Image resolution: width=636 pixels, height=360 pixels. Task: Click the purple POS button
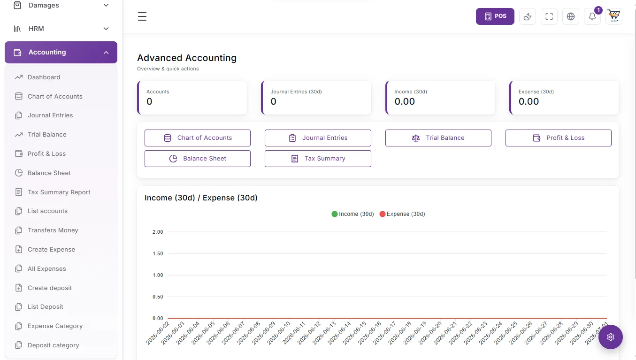(495, 16)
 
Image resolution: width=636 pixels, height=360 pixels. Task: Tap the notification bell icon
(592, 16)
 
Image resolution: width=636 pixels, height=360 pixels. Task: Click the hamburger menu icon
(142, 16)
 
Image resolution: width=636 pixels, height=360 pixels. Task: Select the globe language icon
(571, 16)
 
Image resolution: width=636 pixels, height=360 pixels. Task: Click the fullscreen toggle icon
(549, 16)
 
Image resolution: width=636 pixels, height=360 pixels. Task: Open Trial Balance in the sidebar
(47, 134)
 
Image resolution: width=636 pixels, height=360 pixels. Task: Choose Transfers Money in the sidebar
(53, 230)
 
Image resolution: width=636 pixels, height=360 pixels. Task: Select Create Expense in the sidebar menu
(51, 249)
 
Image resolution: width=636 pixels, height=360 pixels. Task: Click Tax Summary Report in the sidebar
(59, 192)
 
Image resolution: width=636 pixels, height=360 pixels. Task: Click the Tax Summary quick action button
(318, 159)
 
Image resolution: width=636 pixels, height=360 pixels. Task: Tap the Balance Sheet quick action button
(197, 159)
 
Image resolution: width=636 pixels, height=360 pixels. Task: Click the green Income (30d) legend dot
(335, 214)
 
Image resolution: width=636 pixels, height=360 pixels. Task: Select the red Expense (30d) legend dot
(383, 214)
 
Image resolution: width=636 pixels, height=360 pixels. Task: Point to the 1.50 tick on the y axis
(158, 253)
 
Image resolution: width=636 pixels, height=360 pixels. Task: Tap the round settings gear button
(611, 337)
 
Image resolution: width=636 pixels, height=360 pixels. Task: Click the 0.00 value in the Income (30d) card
(405, 101)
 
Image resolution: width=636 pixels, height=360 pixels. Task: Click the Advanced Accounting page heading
(187, 58)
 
